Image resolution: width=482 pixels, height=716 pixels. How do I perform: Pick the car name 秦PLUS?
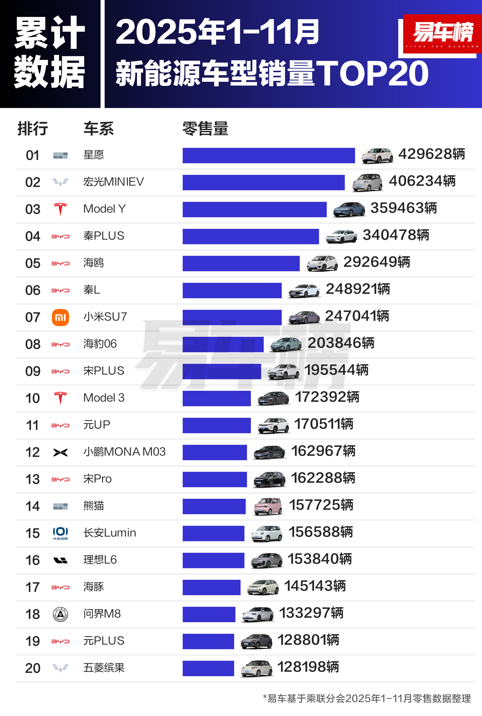pyautogui.click(x=104, y=236)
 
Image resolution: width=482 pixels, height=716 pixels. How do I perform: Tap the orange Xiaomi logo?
pyautogui.click(x=60, y=317)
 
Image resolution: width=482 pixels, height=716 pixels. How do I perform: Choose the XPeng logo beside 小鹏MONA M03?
pyautogui.click(x=60, y=452)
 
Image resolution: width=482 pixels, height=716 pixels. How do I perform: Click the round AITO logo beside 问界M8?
pyautogui.click(x=60, y=614)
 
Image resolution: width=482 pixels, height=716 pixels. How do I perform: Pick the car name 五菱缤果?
pyautogui.click(x=104, y=668)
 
